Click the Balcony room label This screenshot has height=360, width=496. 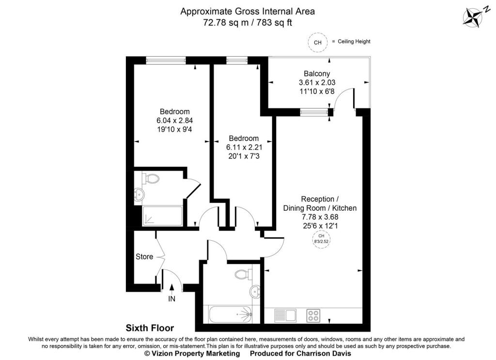point(317,74)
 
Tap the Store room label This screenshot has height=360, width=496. point(144,257)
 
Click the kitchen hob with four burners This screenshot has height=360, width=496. point(313,315)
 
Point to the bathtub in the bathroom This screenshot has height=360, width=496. point(231,314)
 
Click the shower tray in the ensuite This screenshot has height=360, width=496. point(162,216)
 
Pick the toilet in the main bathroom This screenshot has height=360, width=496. point(244,274)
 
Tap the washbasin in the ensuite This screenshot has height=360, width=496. point(139,194)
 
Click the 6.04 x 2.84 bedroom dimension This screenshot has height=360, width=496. point(174,121)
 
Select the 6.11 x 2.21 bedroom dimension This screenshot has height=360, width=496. point(244,147)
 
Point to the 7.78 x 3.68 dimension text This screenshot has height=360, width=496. point(320,217)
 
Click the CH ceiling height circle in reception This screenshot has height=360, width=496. point(321,239)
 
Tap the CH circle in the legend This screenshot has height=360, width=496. point(318,42)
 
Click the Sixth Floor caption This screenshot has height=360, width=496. point(150,328)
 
